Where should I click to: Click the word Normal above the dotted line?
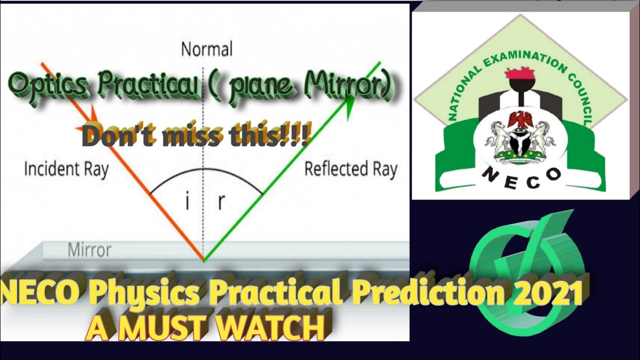[x=206, y=49]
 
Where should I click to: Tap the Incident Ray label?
[x=66, y=169]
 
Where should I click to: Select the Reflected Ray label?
[x=350, y=169]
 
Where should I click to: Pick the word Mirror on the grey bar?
[x=89, y=249]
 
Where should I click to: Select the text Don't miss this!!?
[x=196, y=136]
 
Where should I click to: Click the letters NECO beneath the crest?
[x=519, y=173]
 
